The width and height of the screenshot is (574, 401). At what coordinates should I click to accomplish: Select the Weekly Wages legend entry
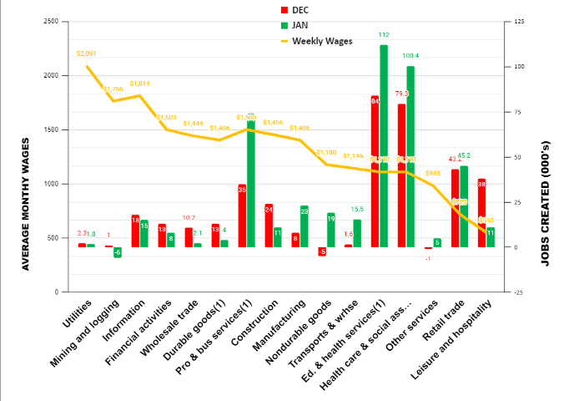(313, 40)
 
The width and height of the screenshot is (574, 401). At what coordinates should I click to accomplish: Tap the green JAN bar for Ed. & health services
(384, 146)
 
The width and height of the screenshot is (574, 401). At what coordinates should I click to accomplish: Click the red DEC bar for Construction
(269, 226)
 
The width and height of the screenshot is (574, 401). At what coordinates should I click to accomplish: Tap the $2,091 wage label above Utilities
(86, 53)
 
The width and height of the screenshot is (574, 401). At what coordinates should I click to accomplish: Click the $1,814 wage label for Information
(139, 84)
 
